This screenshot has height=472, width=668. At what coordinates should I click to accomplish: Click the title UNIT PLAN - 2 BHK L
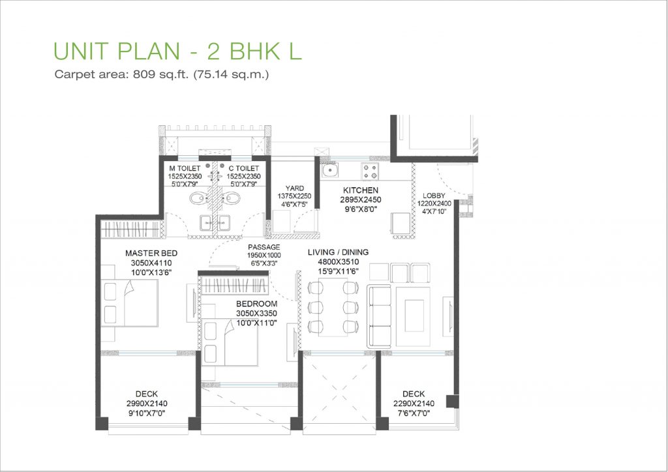click(177, 51)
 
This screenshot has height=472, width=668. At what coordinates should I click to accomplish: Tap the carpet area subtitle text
click(162, 74)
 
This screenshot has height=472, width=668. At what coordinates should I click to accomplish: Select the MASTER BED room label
click(151, 253)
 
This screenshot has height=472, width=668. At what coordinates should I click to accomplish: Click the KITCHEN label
click(360, 190)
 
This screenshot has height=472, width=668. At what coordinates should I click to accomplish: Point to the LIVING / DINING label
click(339, 252)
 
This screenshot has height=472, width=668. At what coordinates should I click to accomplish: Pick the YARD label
click(294, 188)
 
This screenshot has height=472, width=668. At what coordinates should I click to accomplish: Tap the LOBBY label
click(434, 196)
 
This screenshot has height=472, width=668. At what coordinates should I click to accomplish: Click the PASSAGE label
click(264, 247)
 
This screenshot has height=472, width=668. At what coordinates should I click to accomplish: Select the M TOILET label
click(185, 169)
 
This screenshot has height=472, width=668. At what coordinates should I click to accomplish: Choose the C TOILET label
click(244, 169)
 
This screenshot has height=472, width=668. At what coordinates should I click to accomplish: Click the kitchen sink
click(330, 171)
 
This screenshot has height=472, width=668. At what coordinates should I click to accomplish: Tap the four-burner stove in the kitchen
click(369, 171)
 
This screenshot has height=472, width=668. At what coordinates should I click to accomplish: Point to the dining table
click(333, 308)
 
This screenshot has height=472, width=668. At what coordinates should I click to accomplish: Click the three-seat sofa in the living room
click(379, 316)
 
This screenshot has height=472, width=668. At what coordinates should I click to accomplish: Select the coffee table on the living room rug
click(414, 316)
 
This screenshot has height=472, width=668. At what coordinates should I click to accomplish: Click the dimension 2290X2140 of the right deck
click(414, 404)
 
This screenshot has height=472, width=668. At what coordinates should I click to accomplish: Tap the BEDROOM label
click(256, 304)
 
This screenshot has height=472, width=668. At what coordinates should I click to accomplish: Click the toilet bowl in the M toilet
click(198, 198)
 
